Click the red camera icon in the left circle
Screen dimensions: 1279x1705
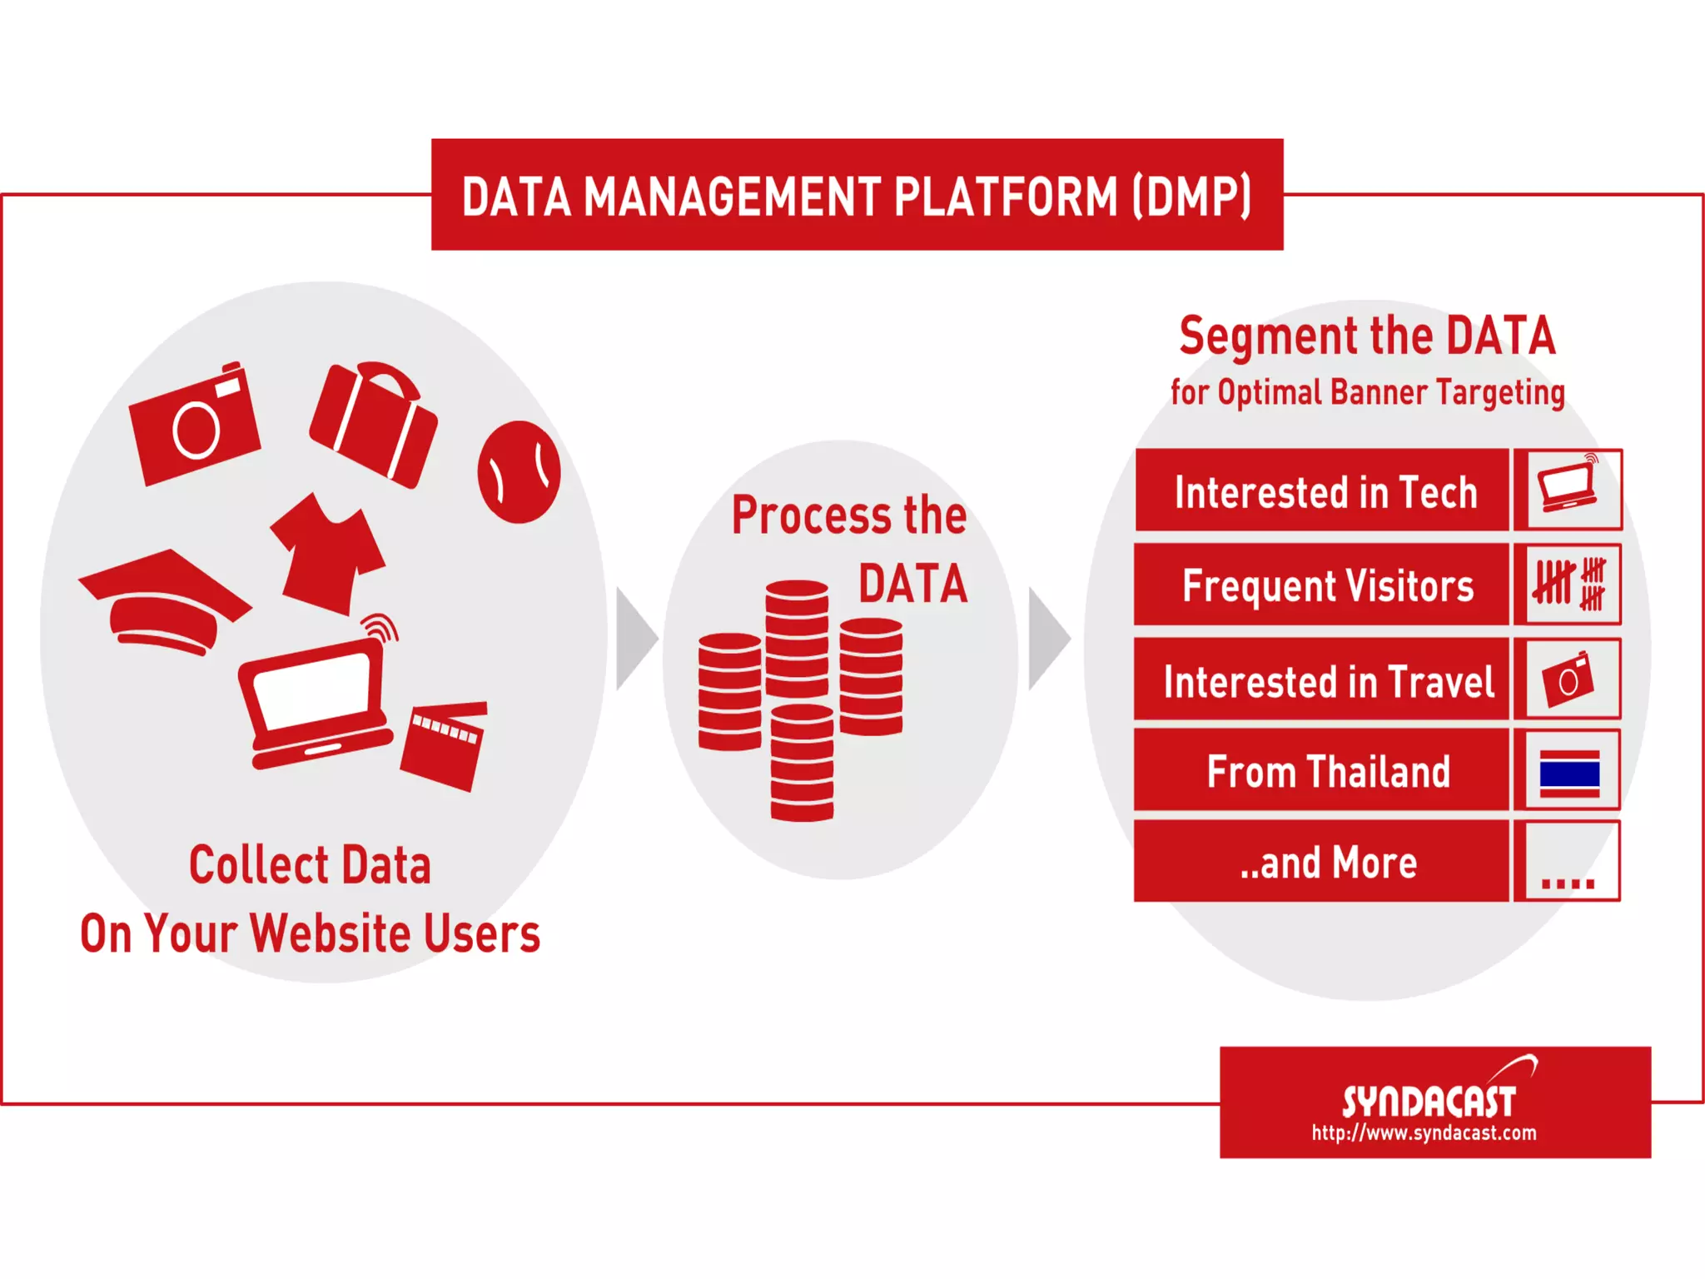(x=195, y=425)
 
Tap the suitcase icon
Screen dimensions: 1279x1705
(x=374, y=425)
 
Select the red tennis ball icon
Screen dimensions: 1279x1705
(x=519, y=472)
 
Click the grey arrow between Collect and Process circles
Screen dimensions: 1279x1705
(x=634, y=639)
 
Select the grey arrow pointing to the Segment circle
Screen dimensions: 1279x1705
(x=1047, y=639)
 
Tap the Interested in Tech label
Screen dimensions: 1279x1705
(x=1325, y=491)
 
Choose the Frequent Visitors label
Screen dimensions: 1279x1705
(x=1327, y=585)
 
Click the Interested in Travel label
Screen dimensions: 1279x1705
(x=1329, y=681)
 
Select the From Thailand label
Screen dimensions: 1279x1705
(x=1329, y=771)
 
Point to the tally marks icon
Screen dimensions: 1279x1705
(x=1569, y=585)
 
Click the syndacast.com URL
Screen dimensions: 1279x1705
(x=1424, y=1132)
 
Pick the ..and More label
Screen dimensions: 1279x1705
(x=1329, y=863)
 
